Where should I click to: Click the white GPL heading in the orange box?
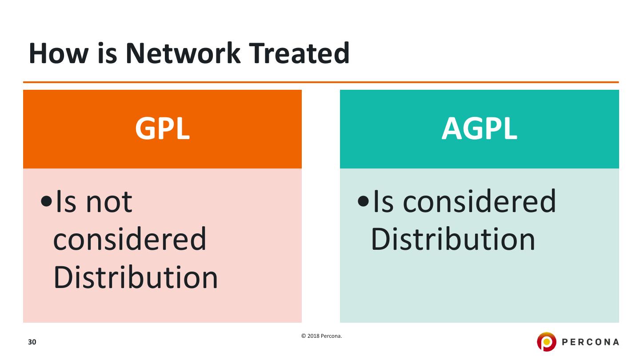(162, 129)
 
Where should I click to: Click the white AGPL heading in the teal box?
(479, 129)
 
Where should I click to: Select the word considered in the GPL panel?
(130, 240)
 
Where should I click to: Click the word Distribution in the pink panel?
(136, 278)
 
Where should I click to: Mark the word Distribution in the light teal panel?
(453, 240)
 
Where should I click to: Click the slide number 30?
(32, 342)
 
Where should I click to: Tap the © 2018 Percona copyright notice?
(321, 336)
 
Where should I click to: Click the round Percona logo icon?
(546, 342)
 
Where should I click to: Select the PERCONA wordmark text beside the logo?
(590, 342)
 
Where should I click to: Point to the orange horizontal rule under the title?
(320, 82)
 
